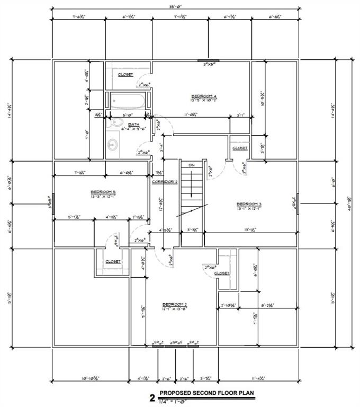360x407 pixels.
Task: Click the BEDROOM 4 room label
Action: point(204,96)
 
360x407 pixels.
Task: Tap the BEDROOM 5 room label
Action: point(103,191)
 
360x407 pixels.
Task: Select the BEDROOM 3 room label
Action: point(249,204)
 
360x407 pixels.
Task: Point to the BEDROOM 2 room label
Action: point(174,304)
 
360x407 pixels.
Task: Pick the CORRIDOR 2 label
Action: point(164,182)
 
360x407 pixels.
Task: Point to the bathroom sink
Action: point(112,144)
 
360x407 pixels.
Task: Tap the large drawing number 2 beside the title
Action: point(152,397)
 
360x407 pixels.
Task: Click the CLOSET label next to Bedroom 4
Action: point(125,75)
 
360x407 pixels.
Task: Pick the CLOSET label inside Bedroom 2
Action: point(222,273)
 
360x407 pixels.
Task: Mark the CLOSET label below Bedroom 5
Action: point(113,261)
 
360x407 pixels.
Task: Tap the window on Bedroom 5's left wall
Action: point(53,203)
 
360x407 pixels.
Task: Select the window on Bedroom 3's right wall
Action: point(298,203)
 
